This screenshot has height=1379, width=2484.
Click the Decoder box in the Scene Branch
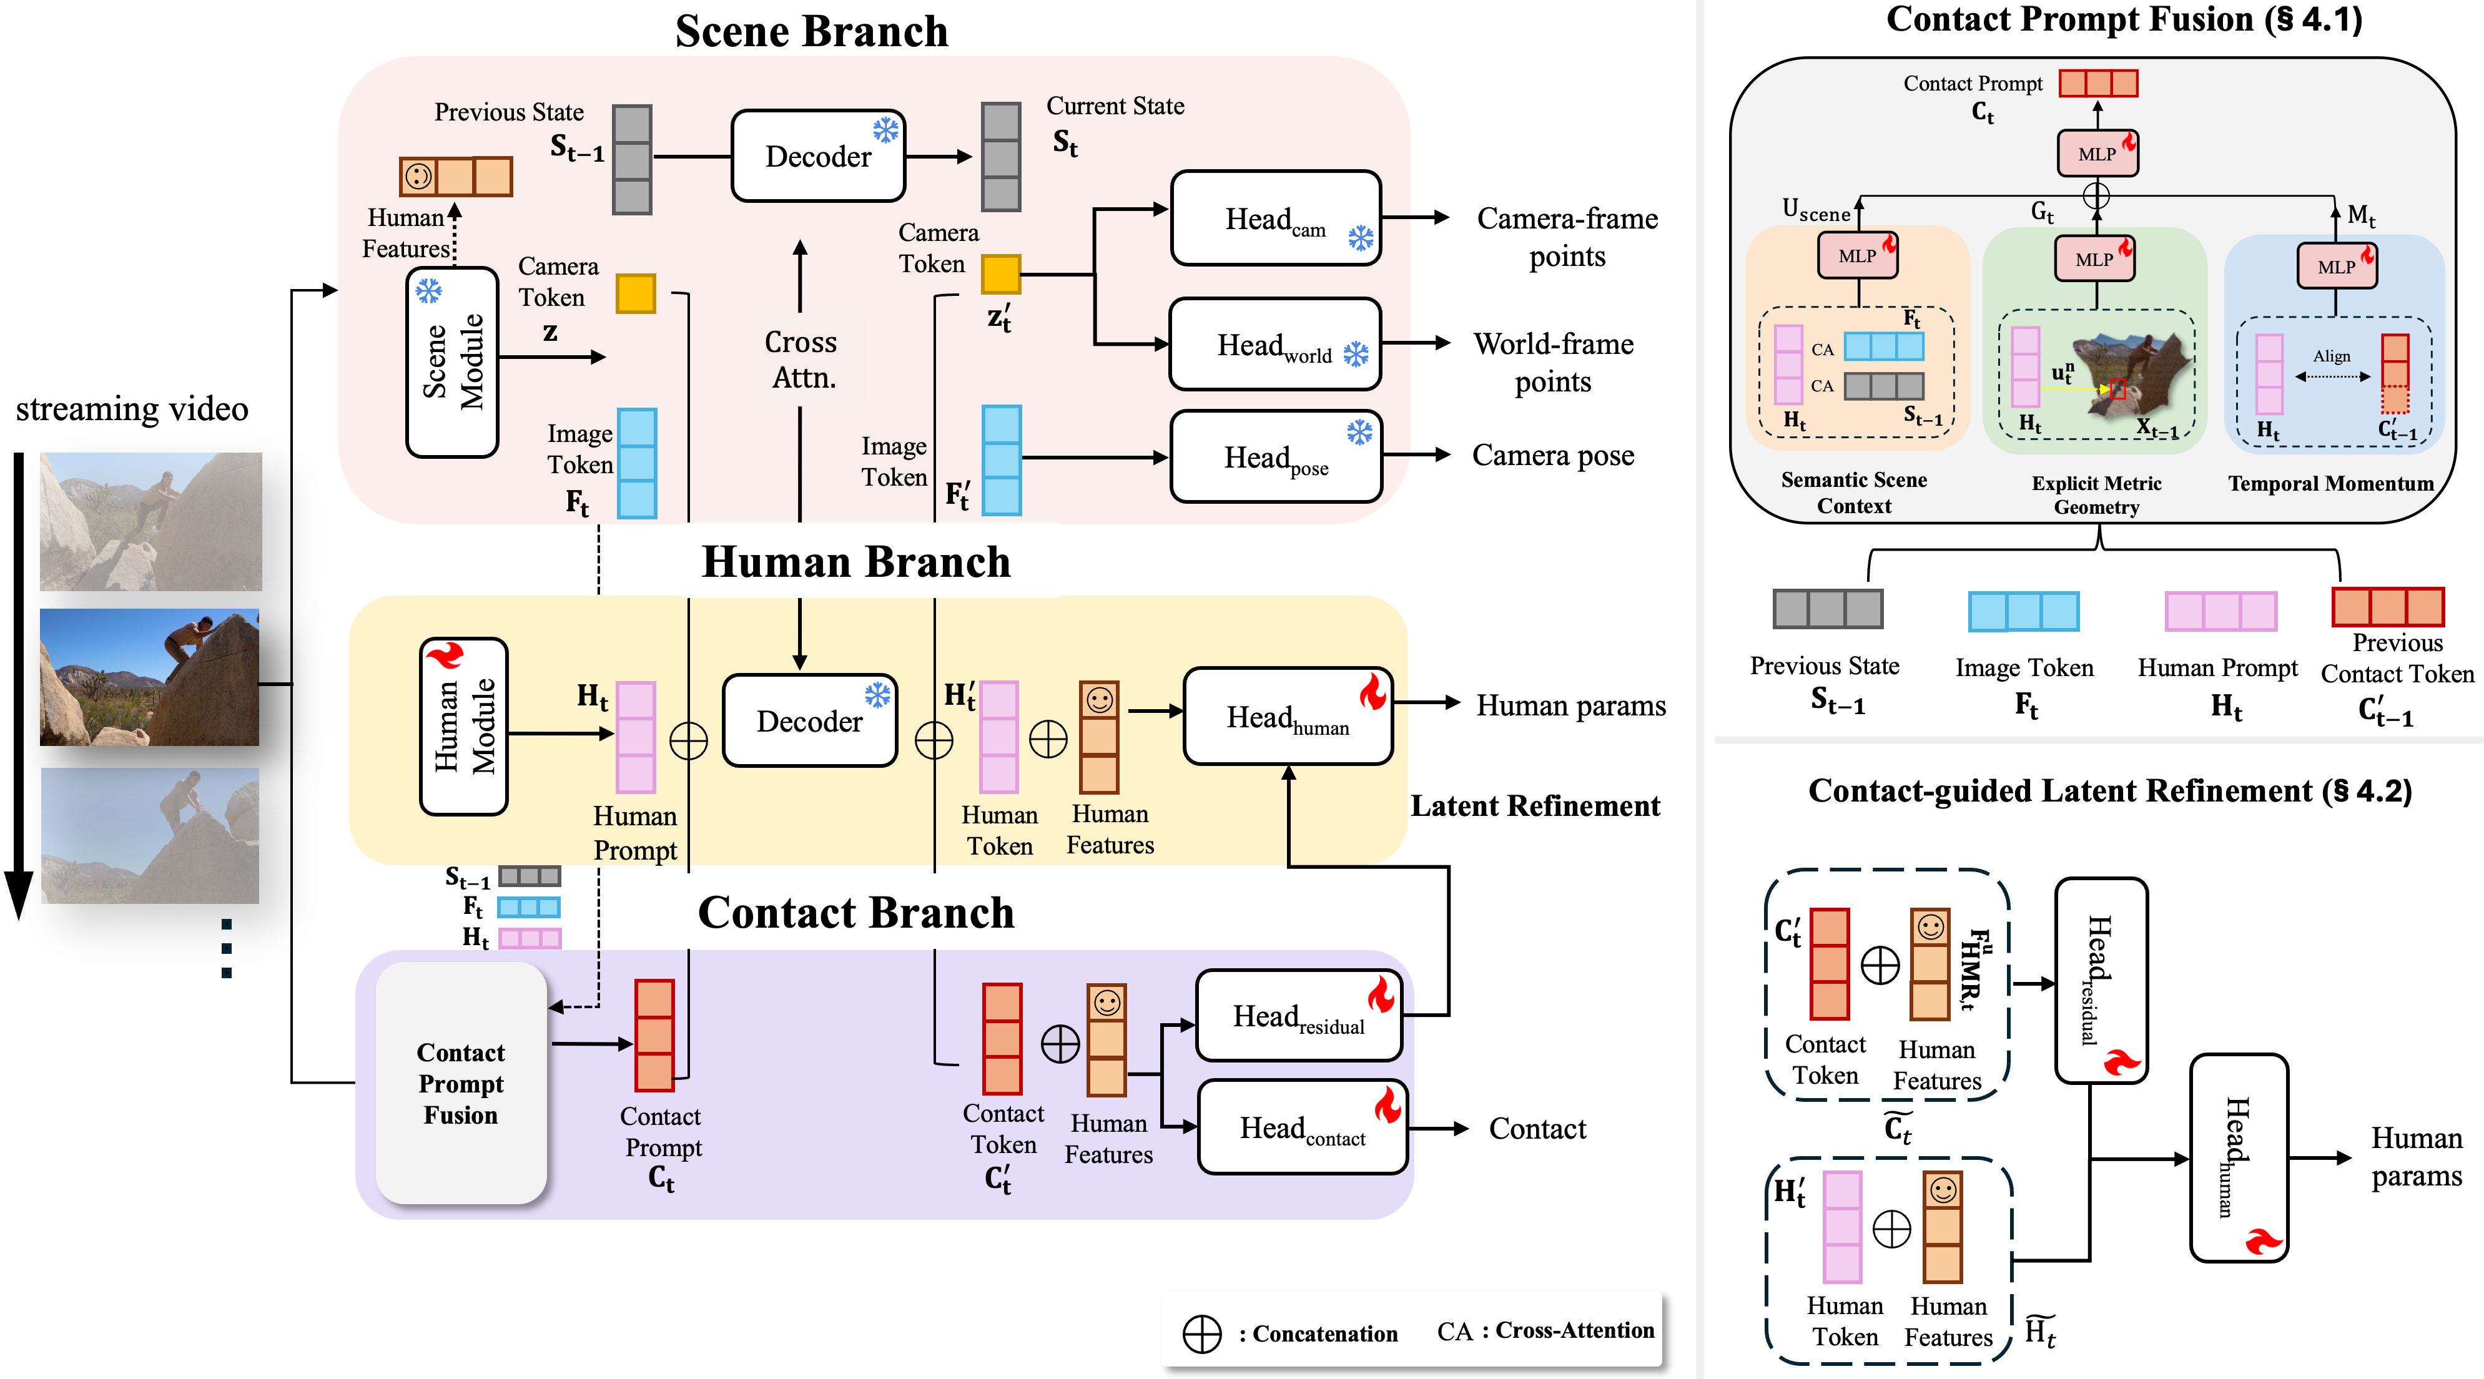click(x=818, y=156)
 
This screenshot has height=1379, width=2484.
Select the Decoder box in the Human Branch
click(x=809, y=721)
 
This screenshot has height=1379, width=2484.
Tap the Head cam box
click(x=1275, y=219)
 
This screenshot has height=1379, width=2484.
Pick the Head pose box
click(x=1275, y=457)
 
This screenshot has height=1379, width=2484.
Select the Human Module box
click(x=464, y=726)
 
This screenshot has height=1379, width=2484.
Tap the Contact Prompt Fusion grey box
click(x=461, y=1083)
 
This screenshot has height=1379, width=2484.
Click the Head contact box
click(x=1302, y=1127)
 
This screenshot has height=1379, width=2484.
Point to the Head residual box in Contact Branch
click(x=1298, y=1016)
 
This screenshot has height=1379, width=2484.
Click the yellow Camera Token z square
click(x=636, y=293)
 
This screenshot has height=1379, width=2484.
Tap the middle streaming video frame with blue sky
click(x=149, y=677)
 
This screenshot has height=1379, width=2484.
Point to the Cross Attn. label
click(x=801, y=360)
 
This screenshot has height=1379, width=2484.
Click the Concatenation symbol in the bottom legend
click(x=1201, y=1333)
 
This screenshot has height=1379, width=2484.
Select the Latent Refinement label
click(x=1535, y=806)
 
